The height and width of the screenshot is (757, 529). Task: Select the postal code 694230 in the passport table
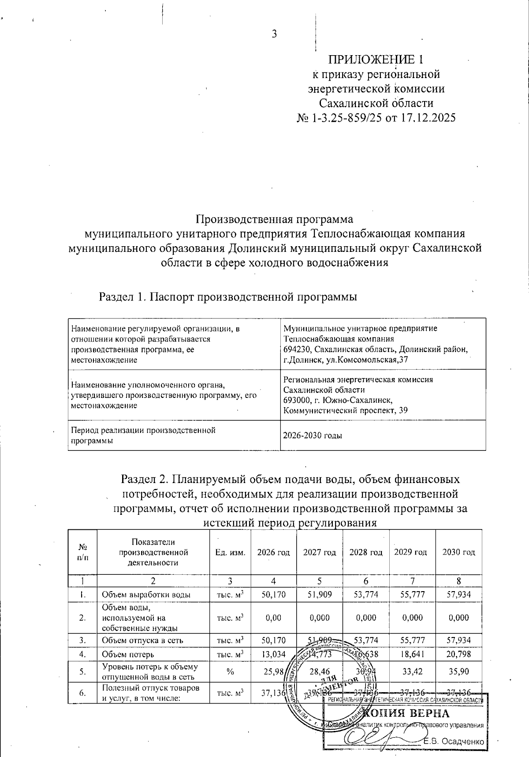click(297, 349)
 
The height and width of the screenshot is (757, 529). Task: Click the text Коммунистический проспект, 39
click(345, 410)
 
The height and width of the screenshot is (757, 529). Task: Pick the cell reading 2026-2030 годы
click(313, 435)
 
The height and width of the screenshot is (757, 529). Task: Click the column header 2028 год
click(366, 552)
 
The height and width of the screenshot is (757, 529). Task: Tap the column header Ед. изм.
click(230, 552)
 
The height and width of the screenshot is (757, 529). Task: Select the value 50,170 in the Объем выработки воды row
click(273, 595)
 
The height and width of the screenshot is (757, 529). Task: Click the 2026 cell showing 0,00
click(273, 618)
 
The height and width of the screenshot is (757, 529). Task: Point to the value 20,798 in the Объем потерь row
click(458, 655)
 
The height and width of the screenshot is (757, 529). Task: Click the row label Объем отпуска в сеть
click(137, 641)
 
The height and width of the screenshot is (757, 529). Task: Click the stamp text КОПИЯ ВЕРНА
click(409, 714)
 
